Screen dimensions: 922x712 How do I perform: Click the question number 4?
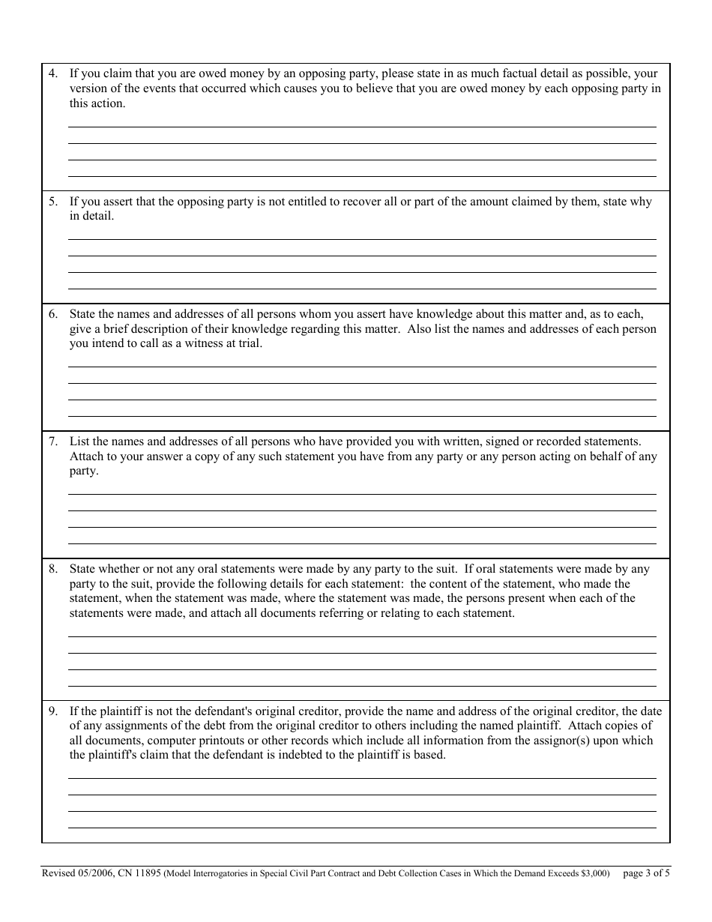[x=52, y=74]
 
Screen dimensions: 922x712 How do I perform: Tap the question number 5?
[x=52, y=202]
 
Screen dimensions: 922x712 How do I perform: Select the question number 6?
[x=52, y=314]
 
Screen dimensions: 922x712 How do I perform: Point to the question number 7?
[x=52, y=442]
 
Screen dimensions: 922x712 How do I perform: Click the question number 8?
[x=52, y=569]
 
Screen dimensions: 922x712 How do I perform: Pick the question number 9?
[x=52, y=711]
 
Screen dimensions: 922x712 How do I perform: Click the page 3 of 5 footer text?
[x=646, y=873]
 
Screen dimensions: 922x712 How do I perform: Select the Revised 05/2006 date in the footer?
[x=73, y=873]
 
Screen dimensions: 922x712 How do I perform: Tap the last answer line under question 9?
[x=362, y=828]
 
